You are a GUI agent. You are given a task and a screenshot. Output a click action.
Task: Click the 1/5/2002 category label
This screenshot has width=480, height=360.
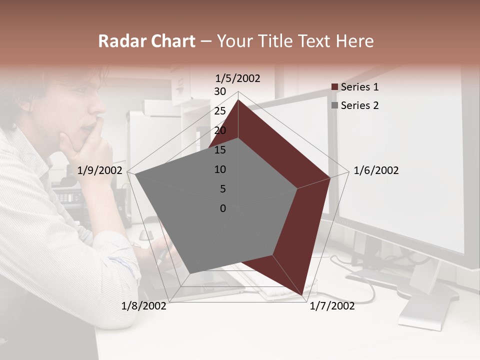click(x=238, y=78)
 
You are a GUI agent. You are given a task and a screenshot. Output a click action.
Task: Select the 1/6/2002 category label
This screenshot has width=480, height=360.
click(x=376, y=170)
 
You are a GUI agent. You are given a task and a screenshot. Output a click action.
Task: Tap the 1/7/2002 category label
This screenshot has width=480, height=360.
click(x=332, y=306)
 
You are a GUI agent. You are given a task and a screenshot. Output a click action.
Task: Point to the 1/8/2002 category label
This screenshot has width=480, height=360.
click(x=144, y=306)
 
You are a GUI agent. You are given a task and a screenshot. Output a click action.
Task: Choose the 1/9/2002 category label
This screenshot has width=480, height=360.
click(x=100, y=170)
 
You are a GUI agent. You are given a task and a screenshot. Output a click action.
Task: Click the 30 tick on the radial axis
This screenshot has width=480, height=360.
click(x=220, y=91)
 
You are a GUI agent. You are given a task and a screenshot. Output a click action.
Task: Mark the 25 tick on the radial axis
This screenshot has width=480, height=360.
click(x=220, y=111)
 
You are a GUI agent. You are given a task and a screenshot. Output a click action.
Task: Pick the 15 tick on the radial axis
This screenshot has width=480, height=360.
click(x=220, y=150)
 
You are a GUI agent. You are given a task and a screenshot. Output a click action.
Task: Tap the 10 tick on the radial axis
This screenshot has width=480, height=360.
click(x=220, y=169)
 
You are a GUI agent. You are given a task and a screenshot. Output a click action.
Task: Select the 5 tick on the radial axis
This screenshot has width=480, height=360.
click(x=221, y=189)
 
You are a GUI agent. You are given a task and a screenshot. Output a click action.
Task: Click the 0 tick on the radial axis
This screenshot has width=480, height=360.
click(x=223, y=208)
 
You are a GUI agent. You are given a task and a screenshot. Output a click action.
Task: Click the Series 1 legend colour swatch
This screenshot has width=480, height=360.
click(x=335, y=87)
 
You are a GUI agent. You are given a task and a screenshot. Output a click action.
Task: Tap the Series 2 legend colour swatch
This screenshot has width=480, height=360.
click(x=335, y=105)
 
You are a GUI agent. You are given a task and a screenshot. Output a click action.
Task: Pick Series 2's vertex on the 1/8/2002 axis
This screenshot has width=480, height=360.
click(x=189, y=273)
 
